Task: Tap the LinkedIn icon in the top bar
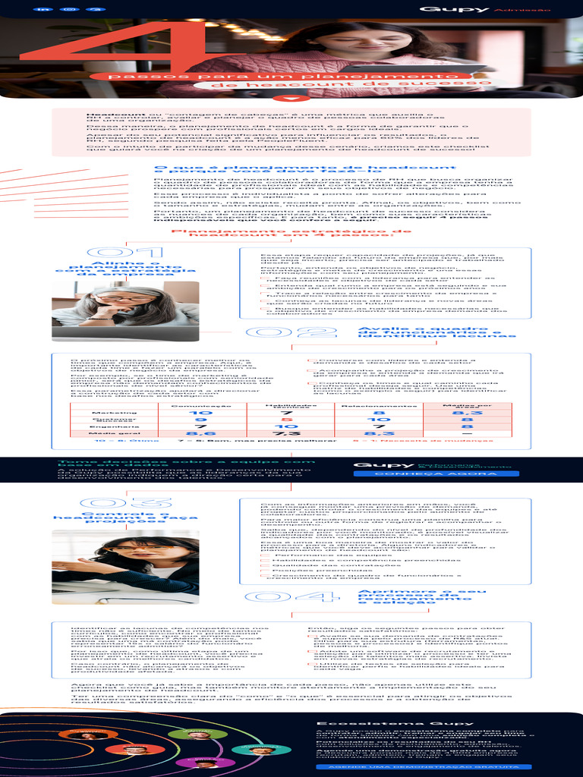tap(44, 9)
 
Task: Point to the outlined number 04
tap(297, 597)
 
